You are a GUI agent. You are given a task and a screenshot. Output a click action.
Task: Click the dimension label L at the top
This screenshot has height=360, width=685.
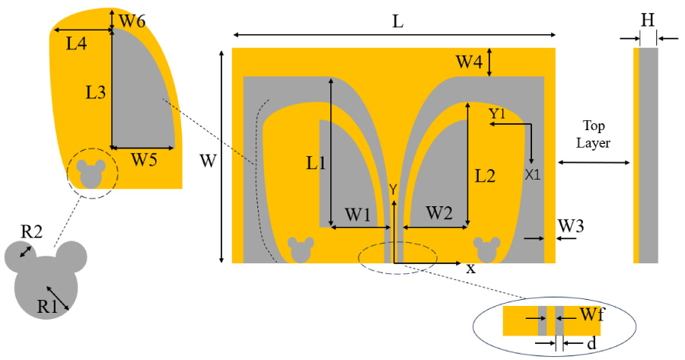[397, 22]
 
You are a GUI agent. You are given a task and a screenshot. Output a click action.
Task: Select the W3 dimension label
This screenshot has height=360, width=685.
[572, 225]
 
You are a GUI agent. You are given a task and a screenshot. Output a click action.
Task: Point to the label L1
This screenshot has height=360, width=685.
[316, 162]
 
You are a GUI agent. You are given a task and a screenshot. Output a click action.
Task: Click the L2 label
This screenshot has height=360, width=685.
[486, 177]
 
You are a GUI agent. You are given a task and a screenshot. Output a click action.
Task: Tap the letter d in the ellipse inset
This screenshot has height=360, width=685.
[591, 344]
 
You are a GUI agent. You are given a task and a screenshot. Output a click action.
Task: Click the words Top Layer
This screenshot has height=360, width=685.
[594, 135]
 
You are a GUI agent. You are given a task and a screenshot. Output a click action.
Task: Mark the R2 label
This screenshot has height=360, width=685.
[30, 231]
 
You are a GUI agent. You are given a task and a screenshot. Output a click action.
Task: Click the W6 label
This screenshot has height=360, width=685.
[134, 22]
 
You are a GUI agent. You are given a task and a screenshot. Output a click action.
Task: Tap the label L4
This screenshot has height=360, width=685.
[76, 44]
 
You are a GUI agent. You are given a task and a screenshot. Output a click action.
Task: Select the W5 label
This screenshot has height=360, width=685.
[145, 160]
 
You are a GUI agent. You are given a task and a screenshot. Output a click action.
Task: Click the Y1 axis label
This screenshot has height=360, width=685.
[498, 113]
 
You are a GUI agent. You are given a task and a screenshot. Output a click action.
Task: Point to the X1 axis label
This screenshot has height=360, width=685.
[533, 174]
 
